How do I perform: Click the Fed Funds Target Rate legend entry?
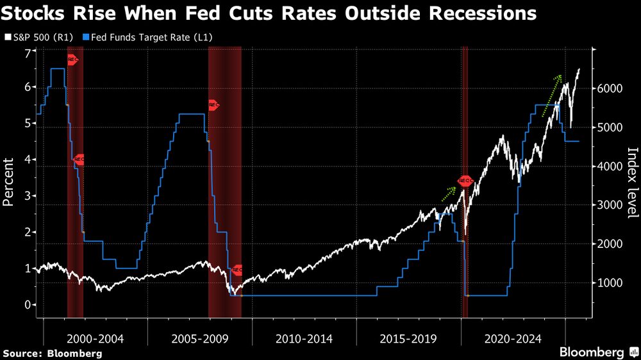click(154, 38)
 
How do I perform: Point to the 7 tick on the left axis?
click(27, 52)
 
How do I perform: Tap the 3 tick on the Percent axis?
click(27, 197)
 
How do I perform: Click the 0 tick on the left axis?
click(27, 305)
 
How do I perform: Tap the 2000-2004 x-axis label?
click(96, 338)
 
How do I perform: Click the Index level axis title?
click(632, 183)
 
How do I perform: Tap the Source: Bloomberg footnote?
click(53, 353)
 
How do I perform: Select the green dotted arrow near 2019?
click(449, 193)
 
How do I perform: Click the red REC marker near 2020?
click(465, 182)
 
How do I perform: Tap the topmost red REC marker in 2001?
click(72, 60)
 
